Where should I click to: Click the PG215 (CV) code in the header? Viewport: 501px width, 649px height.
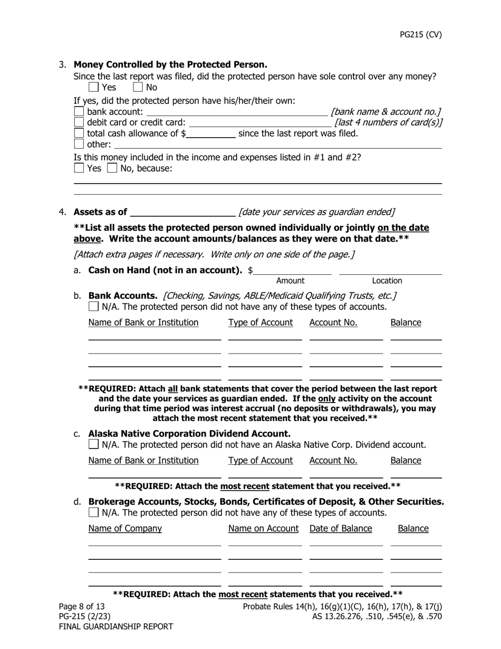pos(420,35)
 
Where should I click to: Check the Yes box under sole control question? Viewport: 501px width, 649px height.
pos(93,87)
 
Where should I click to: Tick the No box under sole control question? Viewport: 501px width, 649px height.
pos(138,87)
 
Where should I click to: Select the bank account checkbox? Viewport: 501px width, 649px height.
pos(79,111)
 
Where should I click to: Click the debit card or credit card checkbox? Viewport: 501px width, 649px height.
pos(79,122)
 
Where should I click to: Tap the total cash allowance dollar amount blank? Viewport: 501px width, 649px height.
pos(211,133)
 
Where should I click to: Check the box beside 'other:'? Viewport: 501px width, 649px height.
pos(79,144)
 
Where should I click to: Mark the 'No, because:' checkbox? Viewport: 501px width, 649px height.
pos(112,168)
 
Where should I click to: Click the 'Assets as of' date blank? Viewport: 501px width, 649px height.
pos(182,212)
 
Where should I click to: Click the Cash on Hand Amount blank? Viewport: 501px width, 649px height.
pos(293,270)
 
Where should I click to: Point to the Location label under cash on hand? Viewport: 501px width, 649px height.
pos(387,281)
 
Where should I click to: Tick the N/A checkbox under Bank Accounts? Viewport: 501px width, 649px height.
pos(93,307)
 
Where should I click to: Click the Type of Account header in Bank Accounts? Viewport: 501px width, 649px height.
pos(261,322)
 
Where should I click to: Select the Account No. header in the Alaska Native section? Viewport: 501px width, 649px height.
pos(333,460)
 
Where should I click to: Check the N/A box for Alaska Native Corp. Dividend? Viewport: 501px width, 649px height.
pos(93,444)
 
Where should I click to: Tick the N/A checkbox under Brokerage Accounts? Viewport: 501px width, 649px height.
pos(93,512)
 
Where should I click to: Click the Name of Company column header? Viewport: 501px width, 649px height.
pos(125,528)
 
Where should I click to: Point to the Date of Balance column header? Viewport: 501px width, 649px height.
pos(341,528)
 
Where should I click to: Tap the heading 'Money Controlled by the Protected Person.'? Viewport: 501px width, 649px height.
pos(170,64)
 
